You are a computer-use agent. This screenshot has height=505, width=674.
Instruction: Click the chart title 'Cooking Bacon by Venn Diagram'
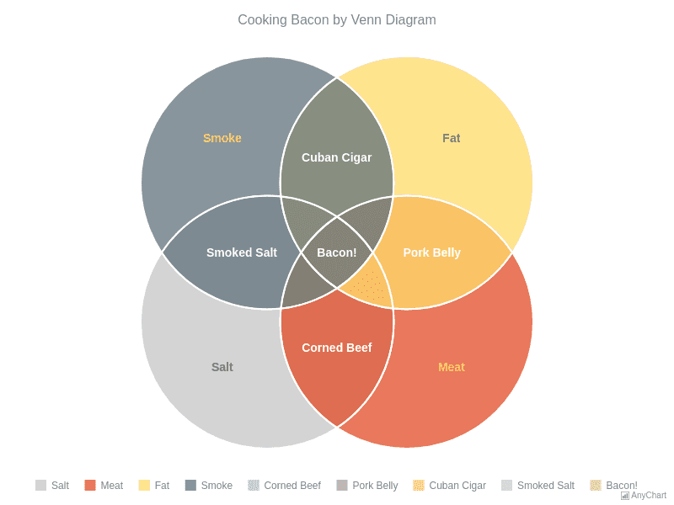337,20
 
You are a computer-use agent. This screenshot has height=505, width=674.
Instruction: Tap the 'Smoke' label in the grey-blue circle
222,138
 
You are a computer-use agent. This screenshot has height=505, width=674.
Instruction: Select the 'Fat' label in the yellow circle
452,138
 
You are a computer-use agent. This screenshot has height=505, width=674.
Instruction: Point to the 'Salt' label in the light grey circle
222,367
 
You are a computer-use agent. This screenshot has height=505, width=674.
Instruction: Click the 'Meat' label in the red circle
452,367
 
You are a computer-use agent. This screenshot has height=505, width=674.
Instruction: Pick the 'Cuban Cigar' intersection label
337,157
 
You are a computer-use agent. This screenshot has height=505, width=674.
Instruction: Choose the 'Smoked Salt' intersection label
242,252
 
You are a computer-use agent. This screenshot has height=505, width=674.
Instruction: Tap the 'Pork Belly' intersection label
431,252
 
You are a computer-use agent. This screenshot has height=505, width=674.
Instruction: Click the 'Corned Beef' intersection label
337,348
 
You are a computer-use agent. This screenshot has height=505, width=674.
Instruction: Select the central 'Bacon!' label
337,252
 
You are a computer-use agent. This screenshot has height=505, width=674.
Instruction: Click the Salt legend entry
52,486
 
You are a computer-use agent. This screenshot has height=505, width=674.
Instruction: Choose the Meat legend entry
104,486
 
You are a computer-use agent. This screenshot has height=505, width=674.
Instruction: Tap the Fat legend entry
154,486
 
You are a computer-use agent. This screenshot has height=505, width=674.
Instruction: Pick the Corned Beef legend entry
285,486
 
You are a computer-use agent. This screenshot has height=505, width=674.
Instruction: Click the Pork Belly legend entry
367,486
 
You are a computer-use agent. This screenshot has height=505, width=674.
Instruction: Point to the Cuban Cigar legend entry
450,486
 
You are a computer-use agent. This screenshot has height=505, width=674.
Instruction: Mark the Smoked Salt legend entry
538,486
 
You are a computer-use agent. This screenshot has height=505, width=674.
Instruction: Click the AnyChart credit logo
644,496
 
